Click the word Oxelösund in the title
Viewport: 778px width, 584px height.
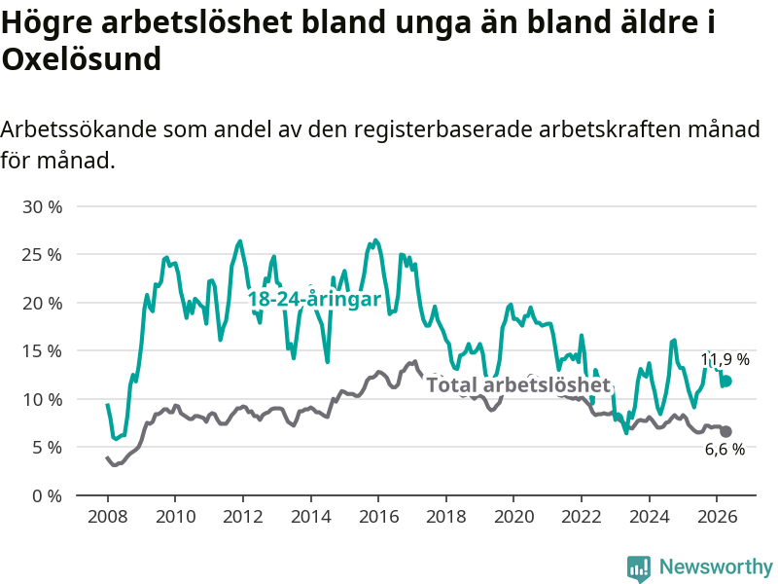pyautogui.click(x=82, y=59)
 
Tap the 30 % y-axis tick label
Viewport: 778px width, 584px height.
pyautogui.click(x=42, y=206)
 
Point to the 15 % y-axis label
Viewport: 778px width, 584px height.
pyautogui.click(x=42, y=351)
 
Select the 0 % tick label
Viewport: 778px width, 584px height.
pyautogui.click(x=47, y=495)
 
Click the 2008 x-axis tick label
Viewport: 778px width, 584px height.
pyautogui.click(x=107, y=517)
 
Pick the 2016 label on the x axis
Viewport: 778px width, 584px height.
pyautogui.click(x=378, y=517)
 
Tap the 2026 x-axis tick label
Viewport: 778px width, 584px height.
pyautogui.click(x=717, y=517)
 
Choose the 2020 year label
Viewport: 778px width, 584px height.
pyautogui.click(x=514, y=517)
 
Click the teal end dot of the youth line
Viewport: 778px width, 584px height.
pyautogui.click(x=726, y=381)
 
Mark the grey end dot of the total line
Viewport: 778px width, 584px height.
pyautogui.click(x=725, y=431)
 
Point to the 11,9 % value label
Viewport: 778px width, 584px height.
pyautogui.click(x=725, y=359)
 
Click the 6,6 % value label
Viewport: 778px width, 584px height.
pyautogui.click(x=725, y=449)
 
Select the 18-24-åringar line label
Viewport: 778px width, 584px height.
pyautogui.click(x=314, y=299)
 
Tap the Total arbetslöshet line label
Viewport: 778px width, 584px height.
pyautogui.click(x=518, y=384)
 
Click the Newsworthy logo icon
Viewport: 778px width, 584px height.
pyautogui.click(x=639, y=568)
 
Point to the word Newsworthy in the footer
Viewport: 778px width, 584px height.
pyautogui.click(x=716, y=566)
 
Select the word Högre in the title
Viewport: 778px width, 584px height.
pyautogui.click(x=47, y=23)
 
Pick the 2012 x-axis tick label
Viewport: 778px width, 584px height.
pyautogui.click(x=242, y=517)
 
